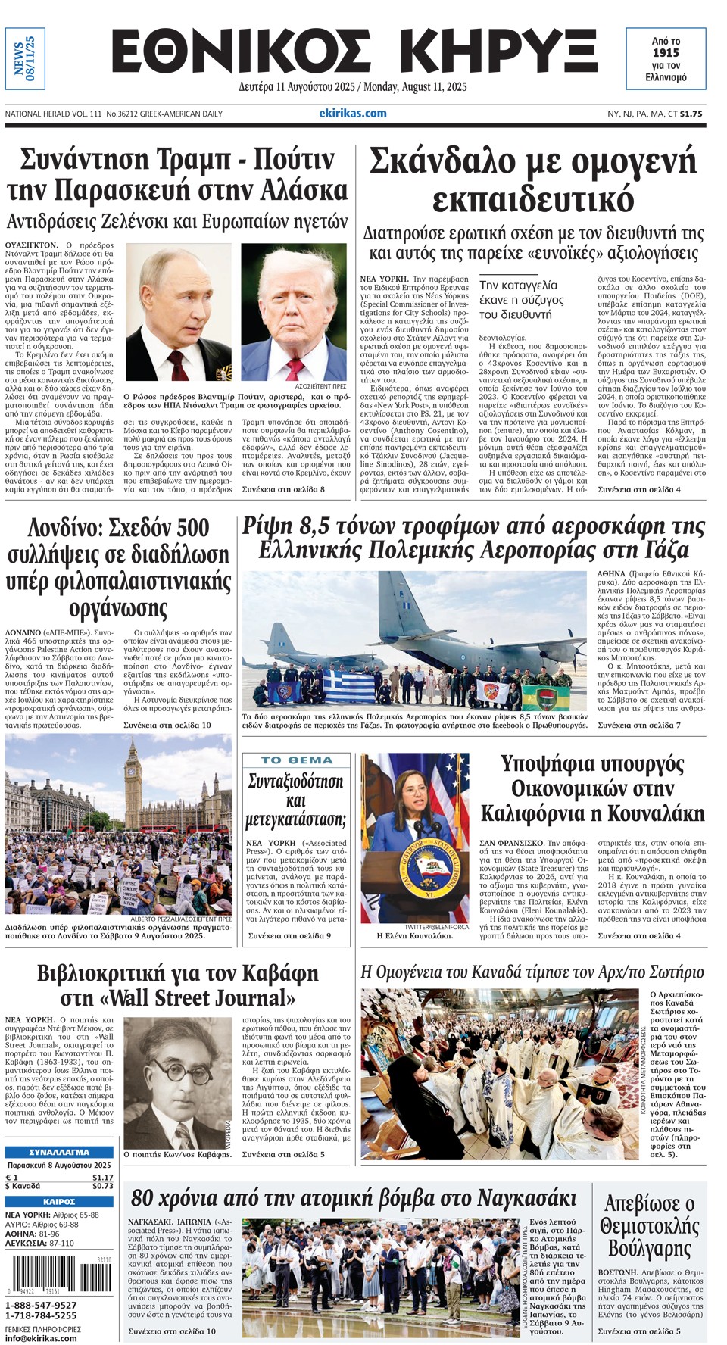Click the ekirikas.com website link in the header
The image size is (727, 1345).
353,113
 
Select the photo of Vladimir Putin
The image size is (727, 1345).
179,311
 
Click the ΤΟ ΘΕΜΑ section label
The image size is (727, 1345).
297,760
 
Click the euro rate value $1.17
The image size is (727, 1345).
103,1178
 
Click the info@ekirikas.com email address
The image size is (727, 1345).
41,1338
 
